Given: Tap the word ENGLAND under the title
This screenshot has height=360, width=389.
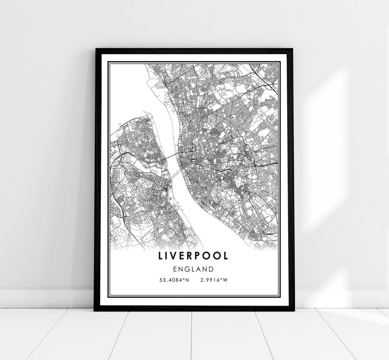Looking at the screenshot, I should point(193,269).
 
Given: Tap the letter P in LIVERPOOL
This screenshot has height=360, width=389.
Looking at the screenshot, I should point(202,256).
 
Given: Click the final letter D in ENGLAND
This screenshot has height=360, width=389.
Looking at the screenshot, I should point(211,269).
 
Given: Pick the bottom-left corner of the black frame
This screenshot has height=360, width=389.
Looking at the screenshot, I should point(95,310).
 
